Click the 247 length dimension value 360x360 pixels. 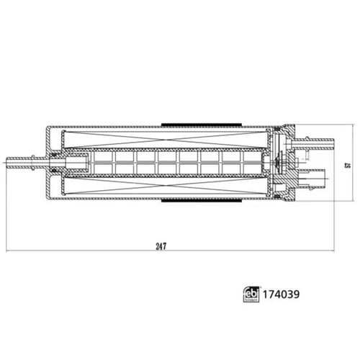[161, 246]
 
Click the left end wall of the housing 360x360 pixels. [48, 162]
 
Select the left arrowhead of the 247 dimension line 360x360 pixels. [9, 252]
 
